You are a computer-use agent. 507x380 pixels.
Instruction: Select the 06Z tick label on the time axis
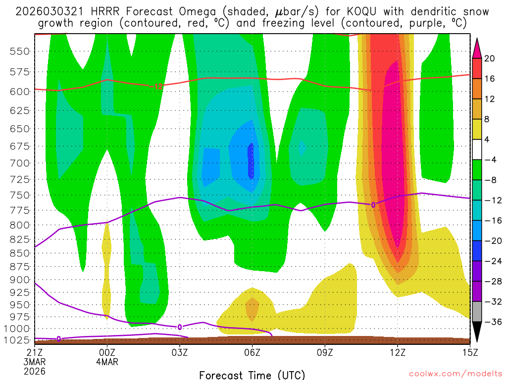point(252,352)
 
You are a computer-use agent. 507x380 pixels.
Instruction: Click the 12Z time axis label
point(397,352)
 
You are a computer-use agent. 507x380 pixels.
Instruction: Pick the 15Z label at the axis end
point(469,352)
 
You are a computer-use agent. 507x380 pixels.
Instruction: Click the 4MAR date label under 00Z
point(107,361)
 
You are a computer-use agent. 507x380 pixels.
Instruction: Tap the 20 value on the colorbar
point(490,58)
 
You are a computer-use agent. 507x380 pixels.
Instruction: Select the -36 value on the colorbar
point(491,322)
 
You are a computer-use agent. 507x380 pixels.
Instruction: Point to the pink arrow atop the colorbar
point(477,47)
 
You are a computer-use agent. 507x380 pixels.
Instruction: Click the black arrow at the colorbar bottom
point(477,332)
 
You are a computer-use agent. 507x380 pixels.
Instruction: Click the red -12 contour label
point(158,87)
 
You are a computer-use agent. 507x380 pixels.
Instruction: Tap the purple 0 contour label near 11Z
point(373,204)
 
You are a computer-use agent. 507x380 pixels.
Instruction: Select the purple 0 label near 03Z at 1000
point(180,327)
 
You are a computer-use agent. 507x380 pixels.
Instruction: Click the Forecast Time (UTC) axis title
point(252,375)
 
